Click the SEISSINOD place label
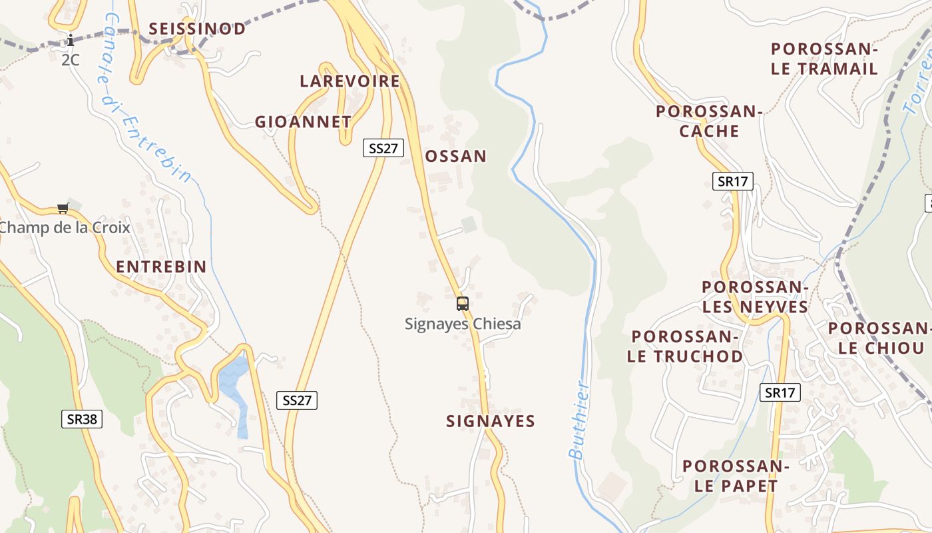click(x=197, y=29)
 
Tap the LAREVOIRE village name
click(x=349, y=81)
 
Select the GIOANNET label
click(x=303, y=122)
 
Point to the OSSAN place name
click(x=456, y=157)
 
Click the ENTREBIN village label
click(x=161, y=267)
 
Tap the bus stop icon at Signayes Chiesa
click(x=463, y=304)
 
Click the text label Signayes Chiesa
click(x=463, y=324)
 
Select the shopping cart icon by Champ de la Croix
click(x=63, y=209)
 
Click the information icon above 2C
click(x=71, y=41)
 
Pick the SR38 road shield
click(x=83, y=419)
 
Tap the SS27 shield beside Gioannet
click(x=383, y=148)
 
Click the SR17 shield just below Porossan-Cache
click(x=733, y=181)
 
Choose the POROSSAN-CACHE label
click(x=709, y=121)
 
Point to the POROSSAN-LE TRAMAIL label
click(x=824, y=59)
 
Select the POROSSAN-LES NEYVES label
click(x=755, y=297)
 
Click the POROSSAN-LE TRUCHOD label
click(x=685, y=346)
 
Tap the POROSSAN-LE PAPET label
click(x=736, y=476)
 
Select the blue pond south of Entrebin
click(x=233, y=386)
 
